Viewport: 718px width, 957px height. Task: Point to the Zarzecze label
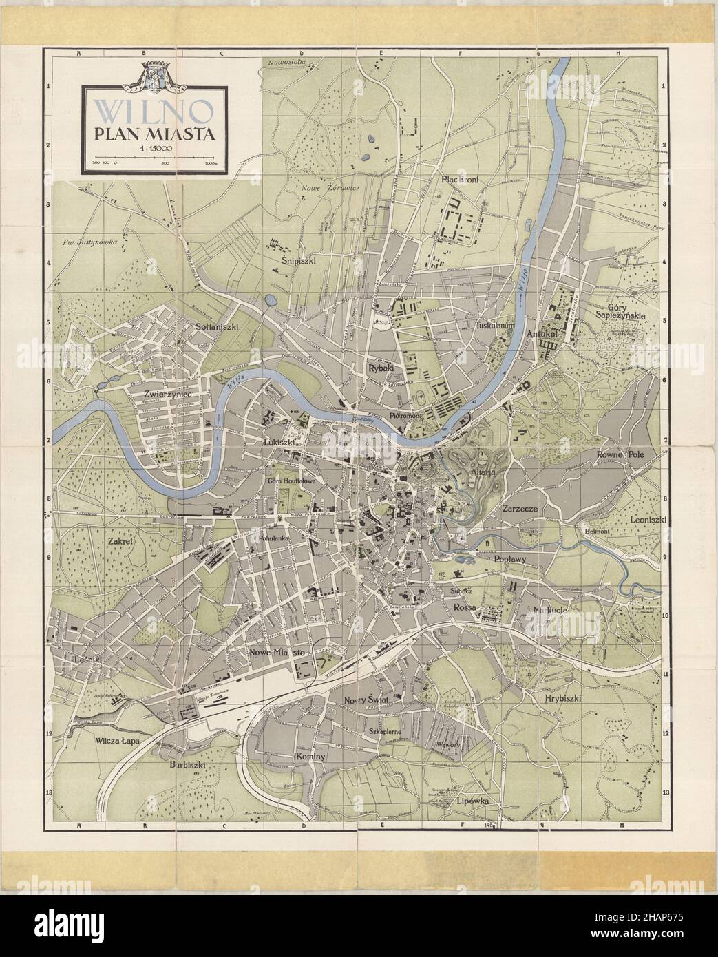[525, 510]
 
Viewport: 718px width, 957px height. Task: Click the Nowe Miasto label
[278, 651]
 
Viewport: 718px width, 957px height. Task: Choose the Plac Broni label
[459, 180]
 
